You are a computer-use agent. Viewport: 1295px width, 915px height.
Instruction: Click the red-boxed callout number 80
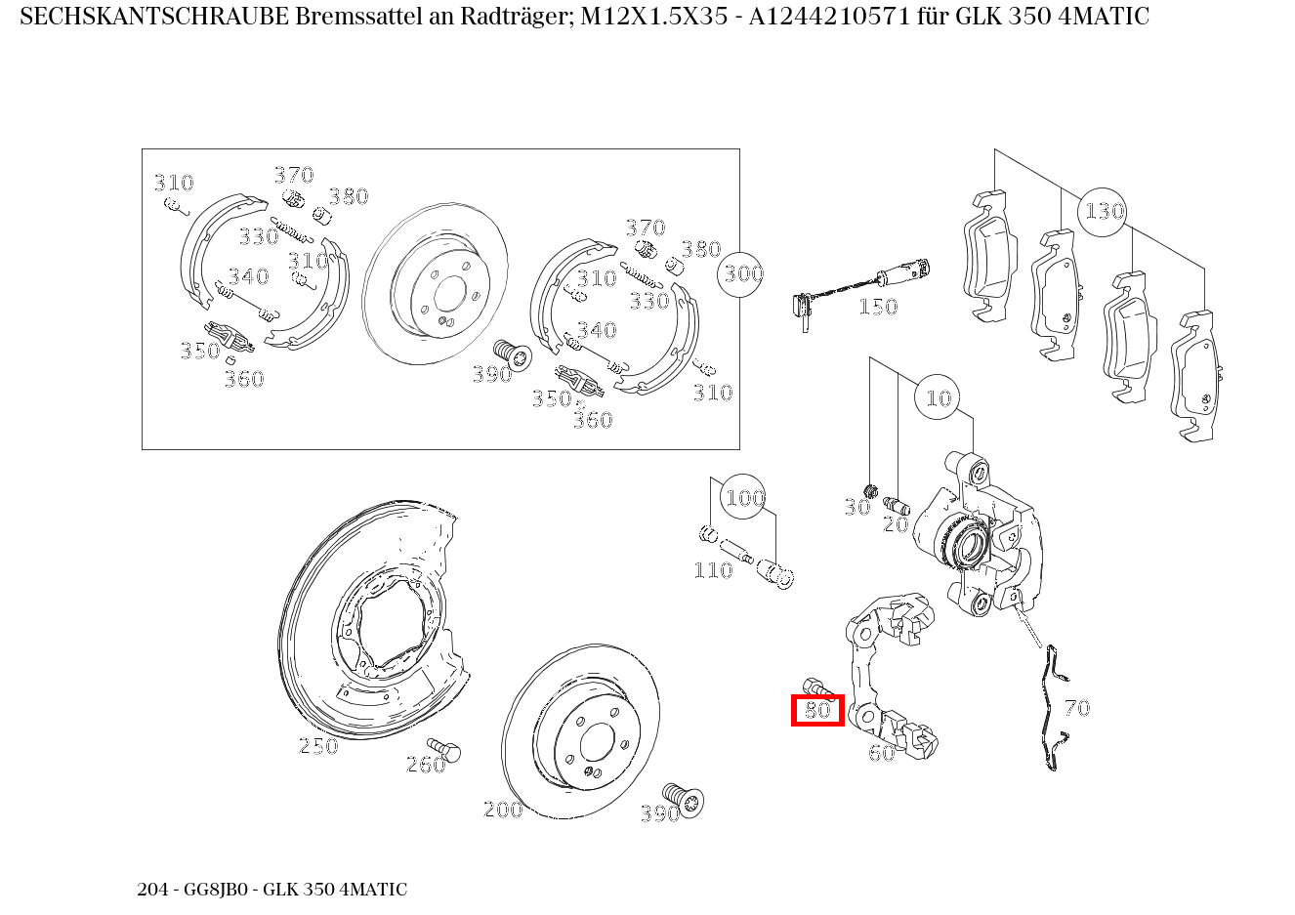coord(817,710)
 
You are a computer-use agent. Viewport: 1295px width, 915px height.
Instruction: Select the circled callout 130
coord(1104,211)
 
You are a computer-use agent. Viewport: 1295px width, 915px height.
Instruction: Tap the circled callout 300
coord(742,273)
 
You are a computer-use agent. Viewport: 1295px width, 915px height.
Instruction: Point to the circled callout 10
coord(938,397)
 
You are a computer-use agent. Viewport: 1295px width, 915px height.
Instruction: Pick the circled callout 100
coord(744,499)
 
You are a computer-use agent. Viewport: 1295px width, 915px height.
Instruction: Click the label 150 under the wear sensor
coord(877,308)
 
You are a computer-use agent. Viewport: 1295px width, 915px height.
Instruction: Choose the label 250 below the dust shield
coord(318,746)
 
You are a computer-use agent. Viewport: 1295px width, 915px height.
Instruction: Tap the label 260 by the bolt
coord(426,765)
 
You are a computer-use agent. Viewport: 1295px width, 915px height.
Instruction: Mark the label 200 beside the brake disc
coord(503,810)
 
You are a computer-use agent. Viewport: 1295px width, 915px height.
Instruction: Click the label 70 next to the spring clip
coord(1076,708)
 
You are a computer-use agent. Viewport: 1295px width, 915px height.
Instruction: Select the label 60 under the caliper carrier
coord(881,753)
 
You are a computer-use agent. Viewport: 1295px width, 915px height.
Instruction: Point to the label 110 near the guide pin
coord(713,570)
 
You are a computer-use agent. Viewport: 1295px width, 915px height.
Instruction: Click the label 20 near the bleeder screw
coord(896,524)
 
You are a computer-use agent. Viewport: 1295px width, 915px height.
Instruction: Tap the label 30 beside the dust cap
coord(856,508)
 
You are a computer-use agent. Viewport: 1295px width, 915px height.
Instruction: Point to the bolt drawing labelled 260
coord(445,749)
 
